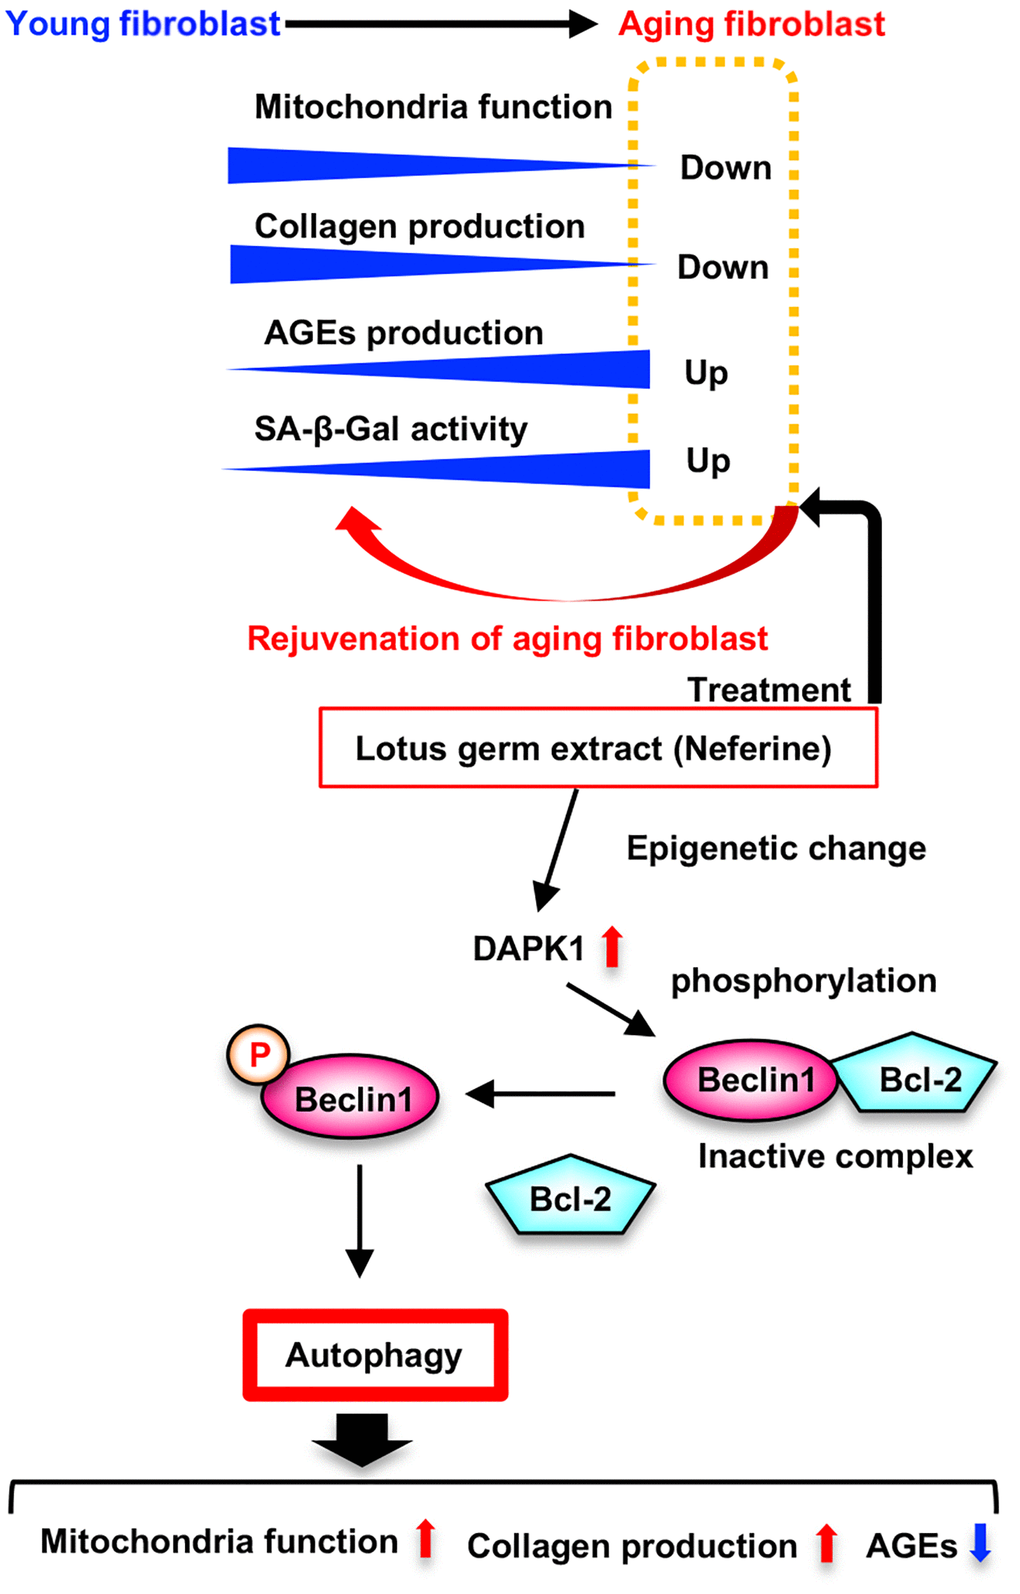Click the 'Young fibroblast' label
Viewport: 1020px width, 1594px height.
click(x=143, y=23)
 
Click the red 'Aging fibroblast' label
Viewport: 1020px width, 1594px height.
click(x=752, y=24)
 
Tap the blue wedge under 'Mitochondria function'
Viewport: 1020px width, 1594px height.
click(x=330, y=165)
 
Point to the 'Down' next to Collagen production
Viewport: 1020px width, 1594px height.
click(x=723, y=268)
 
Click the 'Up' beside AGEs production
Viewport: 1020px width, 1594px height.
click(x=706, y=373)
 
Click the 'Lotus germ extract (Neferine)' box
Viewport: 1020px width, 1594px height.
click(x=598, y=748)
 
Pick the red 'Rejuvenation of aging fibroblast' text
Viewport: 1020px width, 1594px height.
click(x=507, y=638)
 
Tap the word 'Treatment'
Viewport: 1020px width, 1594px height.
click(x=769, y=690)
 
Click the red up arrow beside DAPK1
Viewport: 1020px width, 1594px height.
click(x=612, y=946)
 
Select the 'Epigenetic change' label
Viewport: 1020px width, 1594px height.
click(x=776, y=848)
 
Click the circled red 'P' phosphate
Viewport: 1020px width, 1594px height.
click(x=259, y=1054)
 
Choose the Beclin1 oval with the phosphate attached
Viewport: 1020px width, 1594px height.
click(x=352, y=1099)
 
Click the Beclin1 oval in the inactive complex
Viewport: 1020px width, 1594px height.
click(x=752, y=1080)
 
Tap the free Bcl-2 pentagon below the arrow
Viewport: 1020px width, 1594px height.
click(x=570, y=1198)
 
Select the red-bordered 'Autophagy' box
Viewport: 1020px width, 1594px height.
click(x=375, y=1355)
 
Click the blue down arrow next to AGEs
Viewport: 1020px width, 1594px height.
click(x=980, y=1541)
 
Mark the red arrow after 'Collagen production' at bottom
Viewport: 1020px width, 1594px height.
click(x=826, y=1543)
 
